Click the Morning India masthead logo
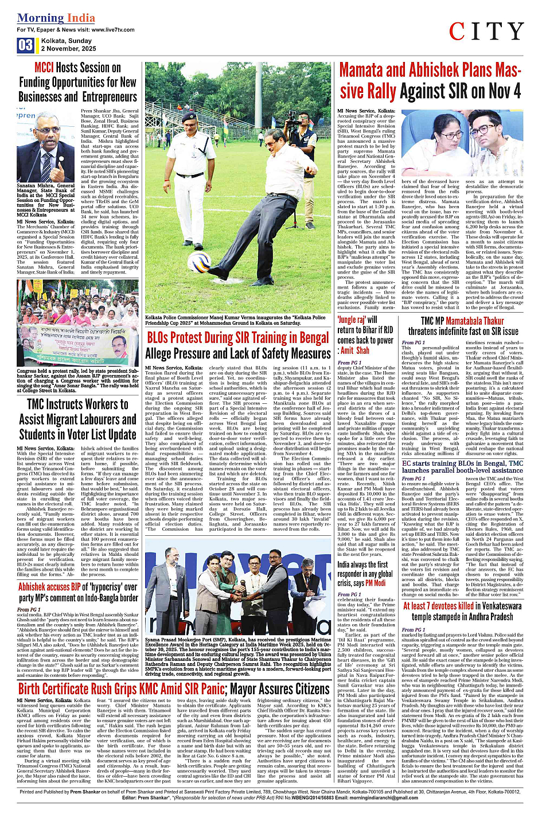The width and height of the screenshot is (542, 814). (56, 18)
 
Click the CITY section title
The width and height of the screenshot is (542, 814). (486, 32)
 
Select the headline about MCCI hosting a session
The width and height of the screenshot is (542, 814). (77, 83)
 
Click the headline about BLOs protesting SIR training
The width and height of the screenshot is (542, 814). (237, 345)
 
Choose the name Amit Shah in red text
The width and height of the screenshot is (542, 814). (355, 350)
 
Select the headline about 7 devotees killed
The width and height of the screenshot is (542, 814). (462, 611)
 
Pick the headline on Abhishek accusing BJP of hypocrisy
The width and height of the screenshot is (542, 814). (77, 593)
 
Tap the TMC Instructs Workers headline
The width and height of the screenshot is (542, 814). (77, 419)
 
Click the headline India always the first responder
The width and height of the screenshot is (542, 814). (365, 574)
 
